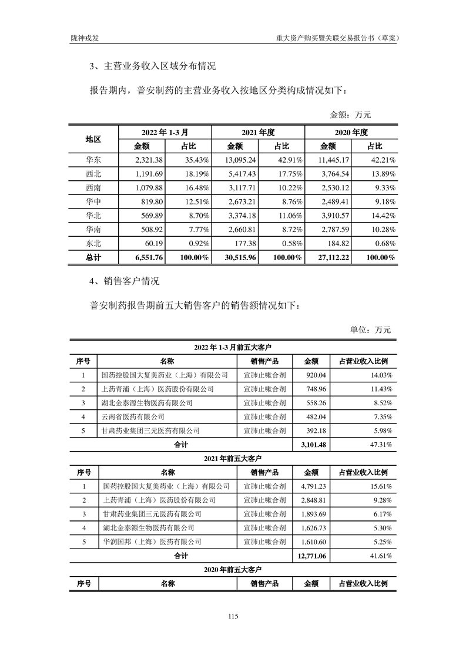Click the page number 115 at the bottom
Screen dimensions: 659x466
pos(233,616)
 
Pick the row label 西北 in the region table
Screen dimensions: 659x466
pos(93,174)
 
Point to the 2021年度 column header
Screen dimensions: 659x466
pos(258,132)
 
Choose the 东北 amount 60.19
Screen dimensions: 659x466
pos(153,243)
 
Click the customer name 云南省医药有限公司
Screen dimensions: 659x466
pos(133,416)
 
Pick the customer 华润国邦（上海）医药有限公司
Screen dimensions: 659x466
pos(152,542)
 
